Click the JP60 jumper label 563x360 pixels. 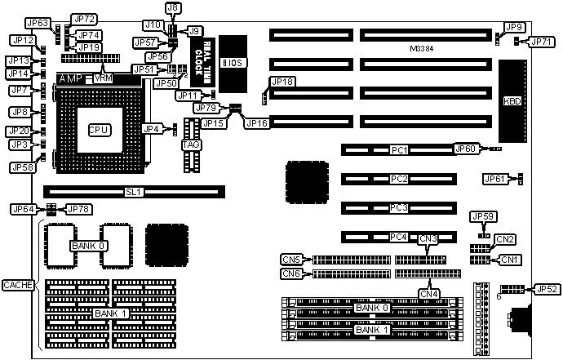coord(465,149)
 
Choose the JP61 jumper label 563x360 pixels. coord(495,179)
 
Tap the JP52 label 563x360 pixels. coord(546,289)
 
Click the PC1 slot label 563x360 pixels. coord(399,150)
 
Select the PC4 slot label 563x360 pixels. coord(399,238)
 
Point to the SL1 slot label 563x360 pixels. coord(134,193)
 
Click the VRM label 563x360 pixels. coord(104,78)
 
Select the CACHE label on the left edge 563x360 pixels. coord(17,284)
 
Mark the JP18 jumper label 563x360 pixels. coord(281,82)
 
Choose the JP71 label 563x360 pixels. coord(541,42)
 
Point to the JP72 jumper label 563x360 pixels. coord(84,19)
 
